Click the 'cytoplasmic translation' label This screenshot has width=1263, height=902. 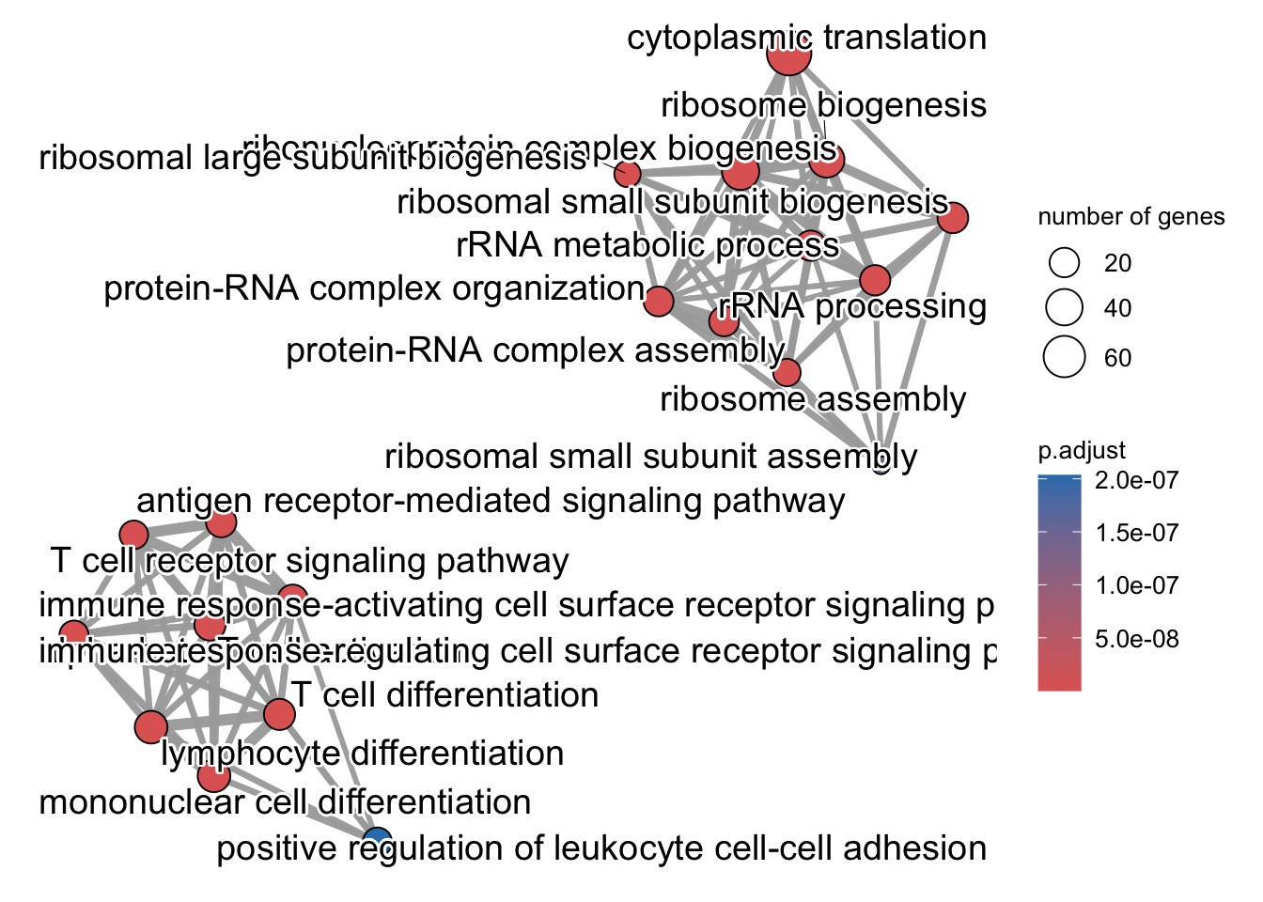(x=806, y=39)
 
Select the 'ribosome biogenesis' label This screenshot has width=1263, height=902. (x=823, y=105)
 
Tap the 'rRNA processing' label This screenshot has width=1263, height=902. (x=852, y=306)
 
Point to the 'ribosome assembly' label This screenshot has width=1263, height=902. (x=813, y=399)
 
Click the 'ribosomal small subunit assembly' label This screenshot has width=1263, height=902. (x=650, y=458)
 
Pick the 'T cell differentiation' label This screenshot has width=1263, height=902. (x=444, y=695)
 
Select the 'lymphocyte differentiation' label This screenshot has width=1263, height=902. (x=362, y=754)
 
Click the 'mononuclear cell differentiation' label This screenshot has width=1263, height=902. (x=285, y=802)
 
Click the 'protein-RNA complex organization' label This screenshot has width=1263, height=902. (x=374, y=288)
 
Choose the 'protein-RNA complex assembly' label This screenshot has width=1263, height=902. (x=535, y=350)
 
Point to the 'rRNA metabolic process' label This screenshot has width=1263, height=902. (x=647, y=245)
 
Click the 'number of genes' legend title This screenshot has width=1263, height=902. (x=1130, y=217)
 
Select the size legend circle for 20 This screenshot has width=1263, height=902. (x=1065, y=263)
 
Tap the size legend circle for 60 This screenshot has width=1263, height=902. (x=1065, y=358)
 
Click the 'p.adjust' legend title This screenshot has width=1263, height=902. (x=1082, y=451)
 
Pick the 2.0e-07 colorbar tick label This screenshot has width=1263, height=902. (x=1136, y=480)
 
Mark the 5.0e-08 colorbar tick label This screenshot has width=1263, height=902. (x=1136, y=639)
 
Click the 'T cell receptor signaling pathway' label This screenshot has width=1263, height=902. (x=310, y=561)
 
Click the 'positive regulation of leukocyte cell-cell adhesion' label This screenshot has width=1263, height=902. (x=601, y=848)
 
